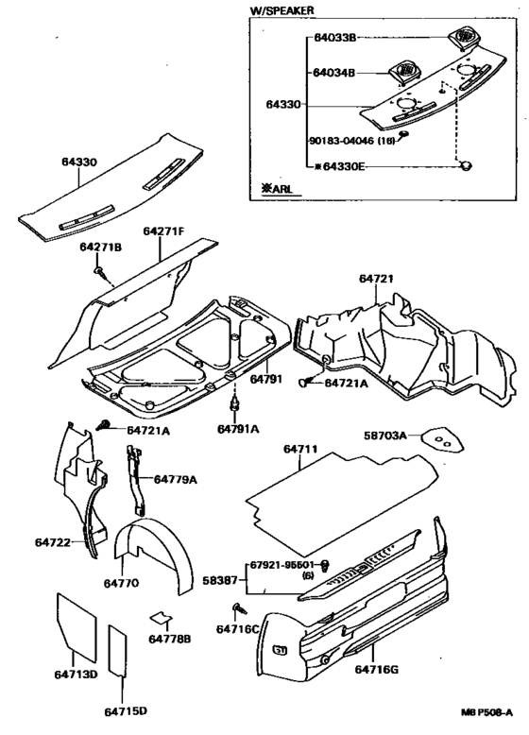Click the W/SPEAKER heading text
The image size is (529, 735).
(x=282, y=10)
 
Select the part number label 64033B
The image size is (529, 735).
(x=335, y=40)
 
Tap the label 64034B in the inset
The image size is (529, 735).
(x=334, y=72)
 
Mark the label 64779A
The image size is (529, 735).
(x=175, y=480)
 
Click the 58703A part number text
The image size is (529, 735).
(x=386, y=436)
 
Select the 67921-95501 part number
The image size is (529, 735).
(x=282, y=565)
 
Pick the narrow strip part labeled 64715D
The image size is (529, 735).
(x=118, y=652)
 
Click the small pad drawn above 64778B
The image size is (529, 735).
(x=162, y=619)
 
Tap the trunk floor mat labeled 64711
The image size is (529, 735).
(x=340, y=487)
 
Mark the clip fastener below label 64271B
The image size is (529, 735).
(x=99, y=273)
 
